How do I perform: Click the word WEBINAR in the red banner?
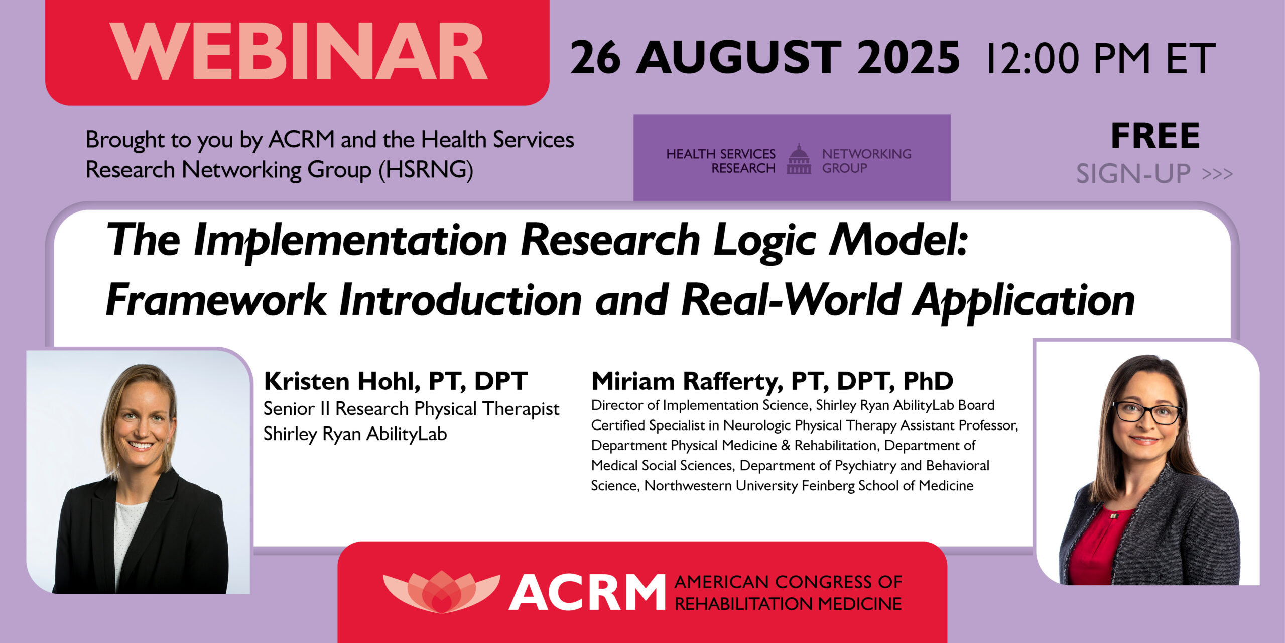tap(298, 52)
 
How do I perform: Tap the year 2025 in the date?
tap(909, 58)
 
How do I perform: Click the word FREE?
tap(1155, 136)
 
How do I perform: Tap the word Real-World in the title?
tap(791, 300)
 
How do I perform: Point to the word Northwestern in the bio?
tap(688, 486)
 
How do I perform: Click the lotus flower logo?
tap(441, 591)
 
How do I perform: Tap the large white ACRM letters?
tap(587, 593)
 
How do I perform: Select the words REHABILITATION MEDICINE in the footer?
tap(788, 604)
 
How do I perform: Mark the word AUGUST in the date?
tap(738, 58)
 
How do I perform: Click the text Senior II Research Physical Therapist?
tap(411, 409)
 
